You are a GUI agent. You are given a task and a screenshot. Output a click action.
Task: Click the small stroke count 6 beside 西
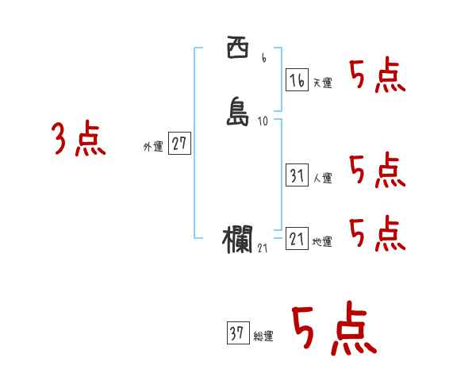point(263,58)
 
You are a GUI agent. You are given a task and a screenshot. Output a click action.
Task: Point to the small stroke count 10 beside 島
point(263,121)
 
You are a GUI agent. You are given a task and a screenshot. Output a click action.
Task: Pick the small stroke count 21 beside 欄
point(263,248)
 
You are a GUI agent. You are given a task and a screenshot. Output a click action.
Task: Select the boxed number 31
point(296,175)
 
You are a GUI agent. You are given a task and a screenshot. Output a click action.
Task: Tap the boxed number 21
point(296,238)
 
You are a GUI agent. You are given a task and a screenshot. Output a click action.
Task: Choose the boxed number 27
point(179,144)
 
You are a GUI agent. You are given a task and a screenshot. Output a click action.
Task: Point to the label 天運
point(322,83)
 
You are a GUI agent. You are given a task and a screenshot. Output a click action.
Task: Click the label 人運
point(322,178)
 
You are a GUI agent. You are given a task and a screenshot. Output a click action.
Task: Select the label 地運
point(322,241)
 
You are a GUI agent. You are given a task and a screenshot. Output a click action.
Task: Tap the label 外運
point(152,147)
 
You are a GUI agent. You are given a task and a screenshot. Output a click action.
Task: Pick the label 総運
point(263,336)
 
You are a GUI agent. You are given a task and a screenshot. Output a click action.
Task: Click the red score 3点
point(79,140)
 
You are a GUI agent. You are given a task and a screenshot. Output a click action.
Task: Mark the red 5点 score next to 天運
point(377,76)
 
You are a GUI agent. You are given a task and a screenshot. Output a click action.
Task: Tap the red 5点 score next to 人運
point(377,171)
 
